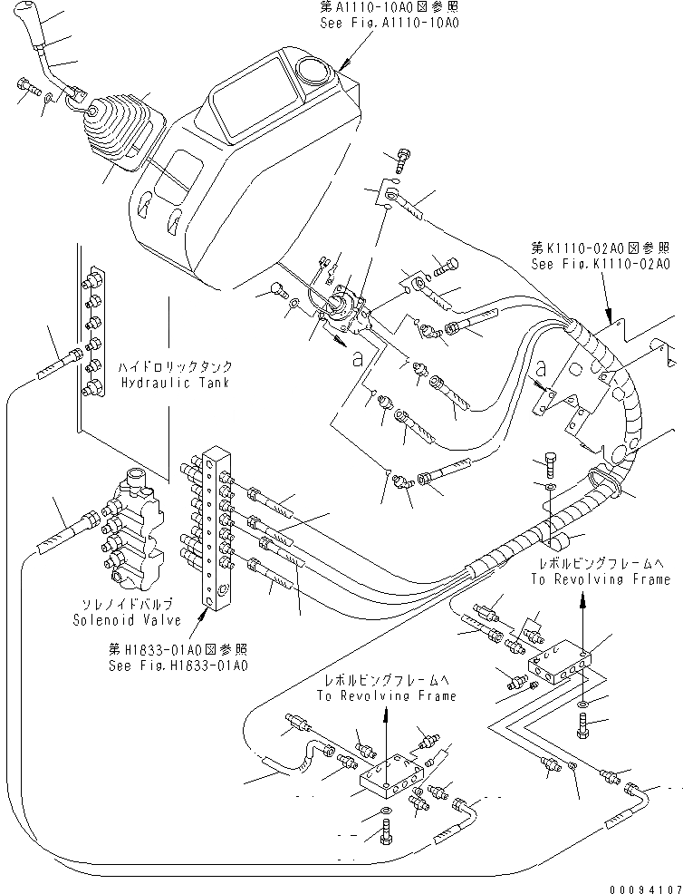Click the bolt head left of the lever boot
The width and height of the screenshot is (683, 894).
coord(24,87)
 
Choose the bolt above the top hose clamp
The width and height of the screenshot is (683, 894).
coord(403,160)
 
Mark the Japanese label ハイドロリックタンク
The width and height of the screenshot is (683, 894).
coord(175,367)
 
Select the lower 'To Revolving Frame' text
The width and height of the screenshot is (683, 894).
coord(388,696)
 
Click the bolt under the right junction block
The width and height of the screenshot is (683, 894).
coord(582,723)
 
